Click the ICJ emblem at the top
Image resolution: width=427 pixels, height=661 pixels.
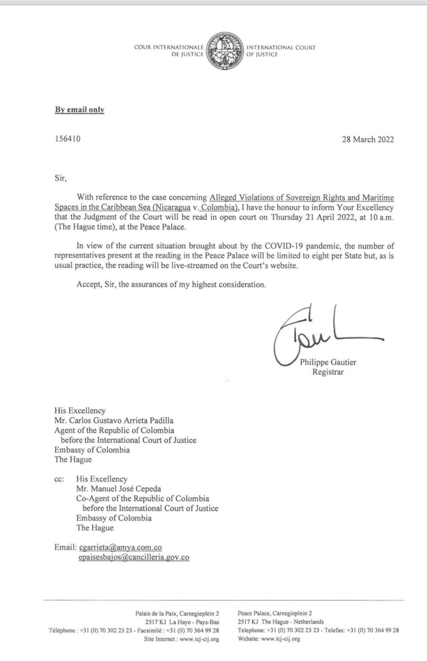[225, 51]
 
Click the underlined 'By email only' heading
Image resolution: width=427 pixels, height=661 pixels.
[79, 110]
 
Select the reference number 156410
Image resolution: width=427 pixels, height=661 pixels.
[68, 139]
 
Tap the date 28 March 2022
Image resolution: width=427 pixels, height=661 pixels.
[367, 139]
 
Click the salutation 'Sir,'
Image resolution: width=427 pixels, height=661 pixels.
[60, 178]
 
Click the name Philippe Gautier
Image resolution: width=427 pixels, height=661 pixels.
[328, 362]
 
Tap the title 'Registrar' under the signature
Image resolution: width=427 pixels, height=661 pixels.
[328, 372]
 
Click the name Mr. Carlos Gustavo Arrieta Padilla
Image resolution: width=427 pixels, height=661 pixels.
[114, 421]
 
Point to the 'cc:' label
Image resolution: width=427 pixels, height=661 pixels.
[59, 479]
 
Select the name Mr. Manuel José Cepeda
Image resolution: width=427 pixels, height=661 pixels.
[118, 488]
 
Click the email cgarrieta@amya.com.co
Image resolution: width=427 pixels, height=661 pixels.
[121, 548]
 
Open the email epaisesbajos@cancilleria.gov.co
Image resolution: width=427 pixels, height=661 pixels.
[134, 558]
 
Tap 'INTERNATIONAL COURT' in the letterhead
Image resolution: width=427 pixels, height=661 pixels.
[281, 47]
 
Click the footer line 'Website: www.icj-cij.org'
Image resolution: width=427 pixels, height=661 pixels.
[269, 639]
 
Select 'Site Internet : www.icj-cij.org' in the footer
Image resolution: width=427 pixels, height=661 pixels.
[181, 639]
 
